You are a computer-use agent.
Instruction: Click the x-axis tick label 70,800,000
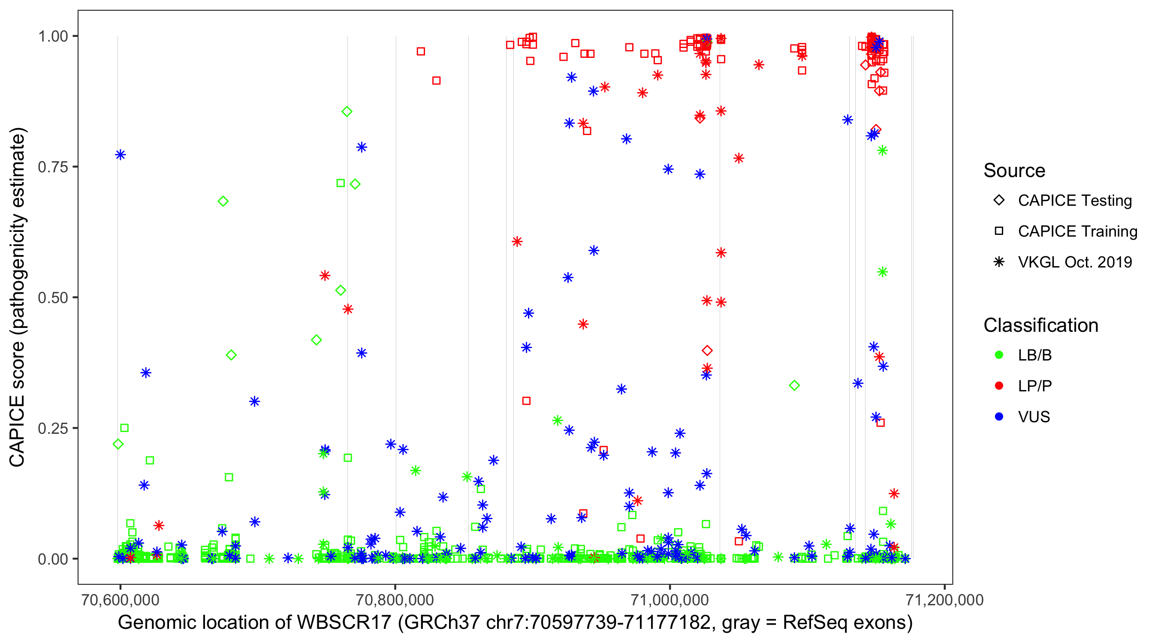coord(395,600)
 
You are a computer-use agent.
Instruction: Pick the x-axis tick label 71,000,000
coord(670,600)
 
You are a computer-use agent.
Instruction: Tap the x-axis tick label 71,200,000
coord(944,600)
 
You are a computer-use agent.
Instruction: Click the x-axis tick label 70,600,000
coord(120,600)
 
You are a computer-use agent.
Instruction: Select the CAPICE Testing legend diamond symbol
coord(999,201)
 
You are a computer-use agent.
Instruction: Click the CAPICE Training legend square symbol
coord(999,231)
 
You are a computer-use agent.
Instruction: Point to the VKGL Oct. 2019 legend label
coord(1075,262)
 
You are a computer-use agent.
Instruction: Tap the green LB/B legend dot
coord(999,355)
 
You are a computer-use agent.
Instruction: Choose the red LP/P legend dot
coord(999,386)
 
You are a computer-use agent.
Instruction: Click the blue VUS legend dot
coord(999,417)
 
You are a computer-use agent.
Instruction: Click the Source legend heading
coord(1014,171)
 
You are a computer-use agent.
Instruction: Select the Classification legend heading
coord(1040,325)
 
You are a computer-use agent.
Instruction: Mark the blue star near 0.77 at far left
coord(120,155)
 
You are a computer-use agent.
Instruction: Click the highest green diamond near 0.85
coord(347,111)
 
